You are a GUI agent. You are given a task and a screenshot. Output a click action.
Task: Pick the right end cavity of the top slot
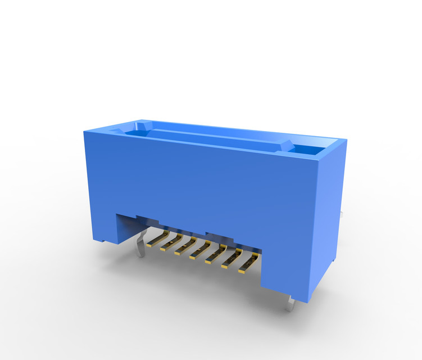[x=308, y=150]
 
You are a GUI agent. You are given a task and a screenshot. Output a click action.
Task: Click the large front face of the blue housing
[x=202, y=180]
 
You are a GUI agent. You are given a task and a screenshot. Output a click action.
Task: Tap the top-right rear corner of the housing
[x=345, y=142]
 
